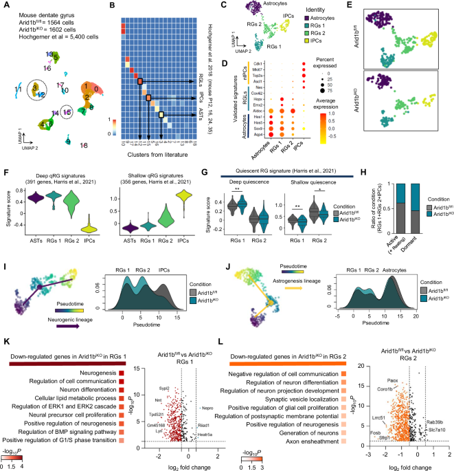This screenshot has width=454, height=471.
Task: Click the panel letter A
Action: tap(5, 5)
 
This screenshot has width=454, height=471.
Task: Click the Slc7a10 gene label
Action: tap(437, 436)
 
